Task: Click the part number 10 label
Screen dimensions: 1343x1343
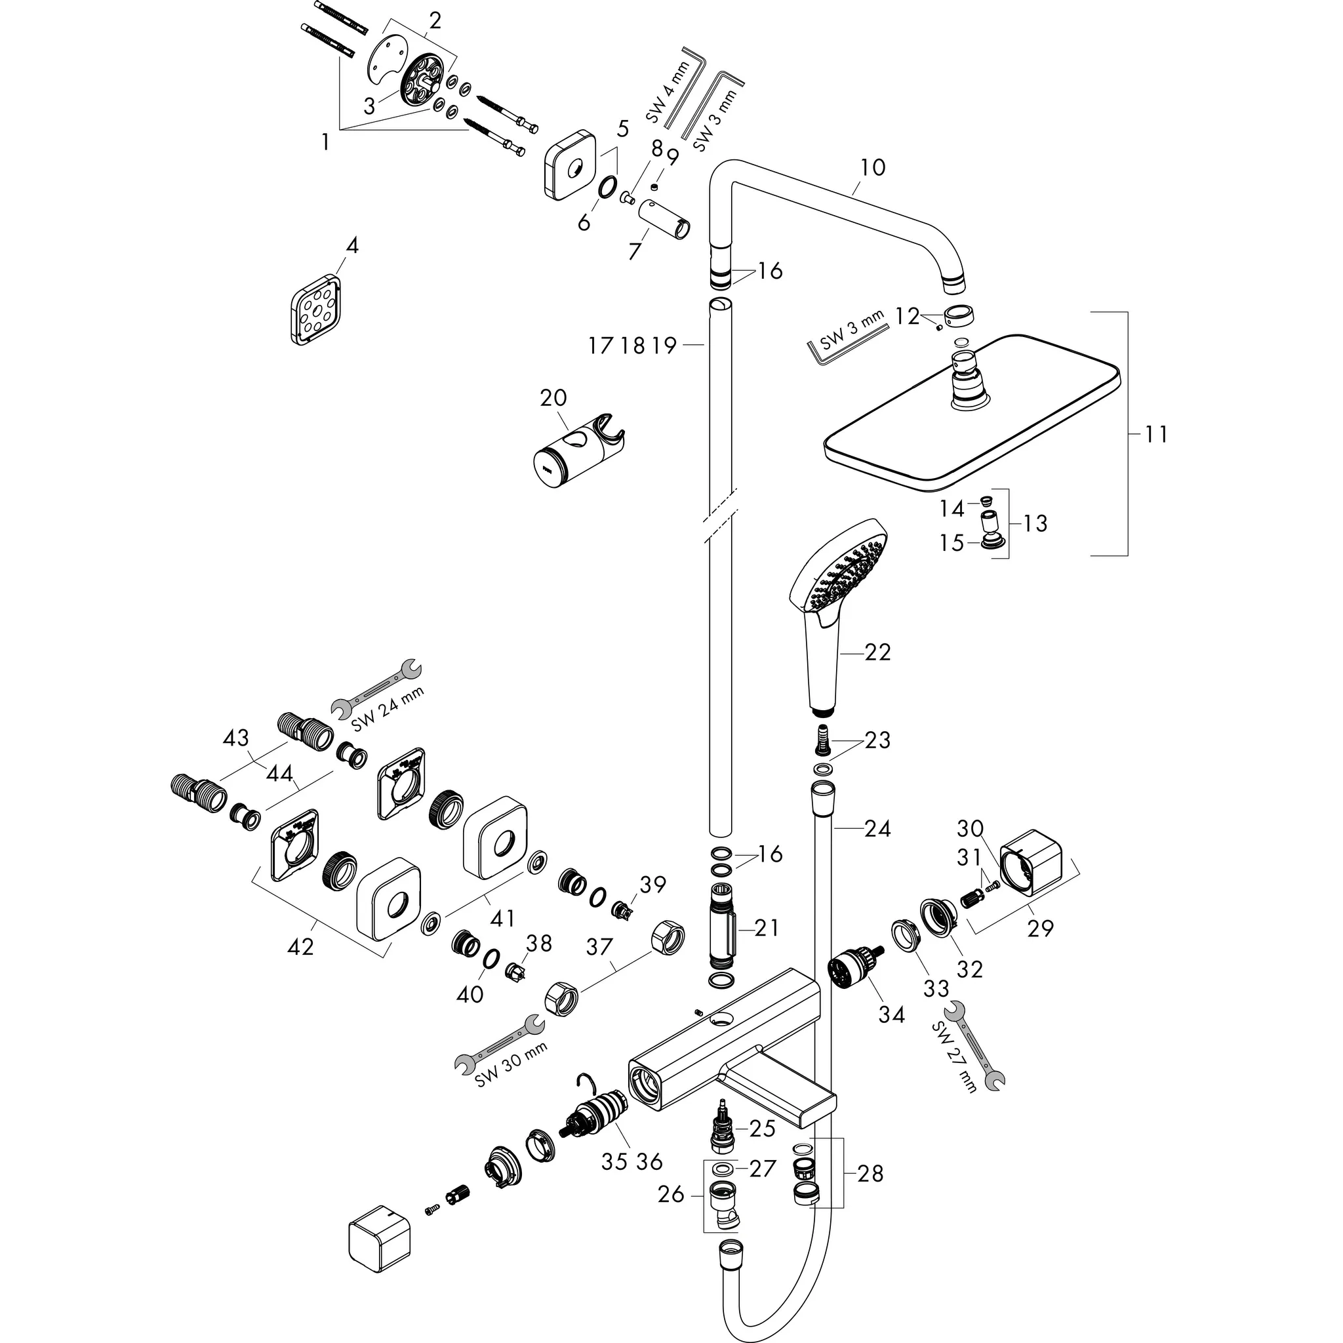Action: pos(872,167)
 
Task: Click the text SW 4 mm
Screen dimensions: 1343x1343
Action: pos(668,91)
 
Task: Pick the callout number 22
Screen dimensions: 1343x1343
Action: pos(877,652)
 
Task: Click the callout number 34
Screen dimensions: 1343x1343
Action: pos(891,1015)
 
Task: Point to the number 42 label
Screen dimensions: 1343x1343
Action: pos(300,946)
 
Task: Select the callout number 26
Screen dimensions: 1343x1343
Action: pos(671,1195)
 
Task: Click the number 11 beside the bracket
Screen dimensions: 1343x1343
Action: pos(1156,435)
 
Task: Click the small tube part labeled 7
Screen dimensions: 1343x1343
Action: pos(664,219)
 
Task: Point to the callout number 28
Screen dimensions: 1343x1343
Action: pos(870,1173)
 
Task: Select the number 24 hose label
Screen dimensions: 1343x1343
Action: pos(877,828)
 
